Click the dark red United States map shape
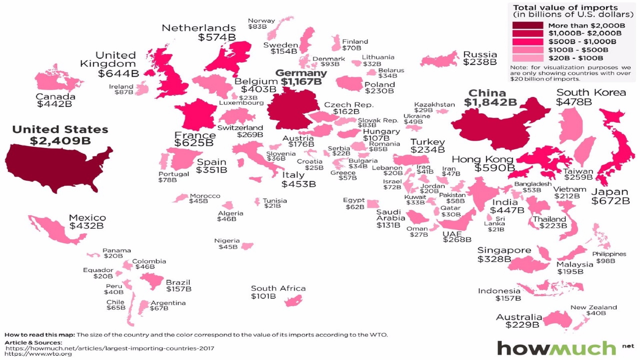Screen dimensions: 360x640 (x=53, y=167)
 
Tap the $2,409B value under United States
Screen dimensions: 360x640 (x=60, y=141)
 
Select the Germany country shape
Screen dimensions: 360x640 (x=292, y=110)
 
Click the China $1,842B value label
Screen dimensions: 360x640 (x=490, y=103)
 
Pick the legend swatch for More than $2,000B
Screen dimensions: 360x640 (x=527, y=26)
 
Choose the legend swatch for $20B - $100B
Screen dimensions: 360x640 (x=527, y=58)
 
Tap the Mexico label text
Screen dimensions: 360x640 (x=87, y=218)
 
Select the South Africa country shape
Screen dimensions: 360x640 (x=293, y=302)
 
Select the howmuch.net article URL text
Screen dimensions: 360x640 (x=110, y=348)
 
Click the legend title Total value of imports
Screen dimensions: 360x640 (x=565, y=8)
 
